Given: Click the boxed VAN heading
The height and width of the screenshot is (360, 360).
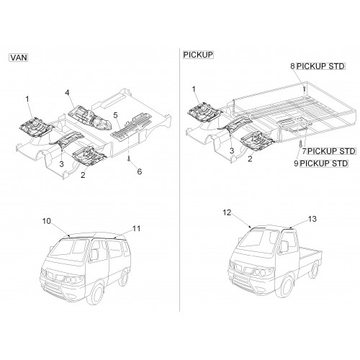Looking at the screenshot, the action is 19,58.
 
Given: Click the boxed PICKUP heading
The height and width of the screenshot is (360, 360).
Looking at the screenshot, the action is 198,55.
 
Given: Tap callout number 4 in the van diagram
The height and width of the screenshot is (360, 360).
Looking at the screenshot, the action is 67,92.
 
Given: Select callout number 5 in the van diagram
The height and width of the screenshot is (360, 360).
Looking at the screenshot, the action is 115,115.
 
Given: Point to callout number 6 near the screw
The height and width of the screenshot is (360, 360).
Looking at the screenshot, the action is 140,171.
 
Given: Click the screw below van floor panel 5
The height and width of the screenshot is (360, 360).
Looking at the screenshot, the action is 129,158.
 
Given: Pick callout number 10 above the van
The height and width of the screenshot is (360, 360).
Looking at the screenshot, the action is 47,221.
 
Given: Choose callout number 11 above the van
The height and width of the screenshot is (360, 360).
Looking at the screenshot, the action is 136,228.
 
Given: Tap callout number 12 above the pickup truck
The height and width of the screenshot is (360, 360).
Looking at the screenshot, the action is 227,212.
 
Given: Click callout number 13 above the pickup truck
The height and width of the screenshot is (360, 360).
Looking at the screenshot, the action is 312,219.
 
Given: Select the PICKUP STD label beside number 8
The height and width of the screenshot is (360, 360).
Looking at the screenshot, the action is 320,66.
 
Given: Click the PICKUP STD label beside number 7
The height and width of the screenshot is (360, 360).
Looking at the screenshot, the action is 331,151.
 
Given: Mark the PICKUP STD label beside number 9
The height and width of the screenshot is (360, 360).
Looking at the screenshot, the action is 324,163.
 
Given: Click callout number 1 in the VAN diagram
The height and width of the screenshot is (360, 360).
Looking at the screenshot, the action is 27,99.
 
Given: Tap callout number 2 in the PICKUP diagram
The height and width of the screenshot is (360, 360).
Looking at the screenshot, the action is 250,159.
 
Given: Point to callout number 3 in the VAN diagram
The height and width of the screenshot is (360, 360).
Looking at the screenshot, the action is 61,164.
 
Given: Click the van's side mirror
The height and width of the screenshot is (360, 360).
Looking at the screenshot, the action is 94,255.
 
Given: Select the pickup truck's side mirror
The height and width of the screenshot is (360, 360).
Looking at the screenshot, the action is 284,246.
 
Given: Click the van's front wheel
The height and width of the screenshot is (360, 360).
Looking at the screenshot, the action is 96,293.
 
